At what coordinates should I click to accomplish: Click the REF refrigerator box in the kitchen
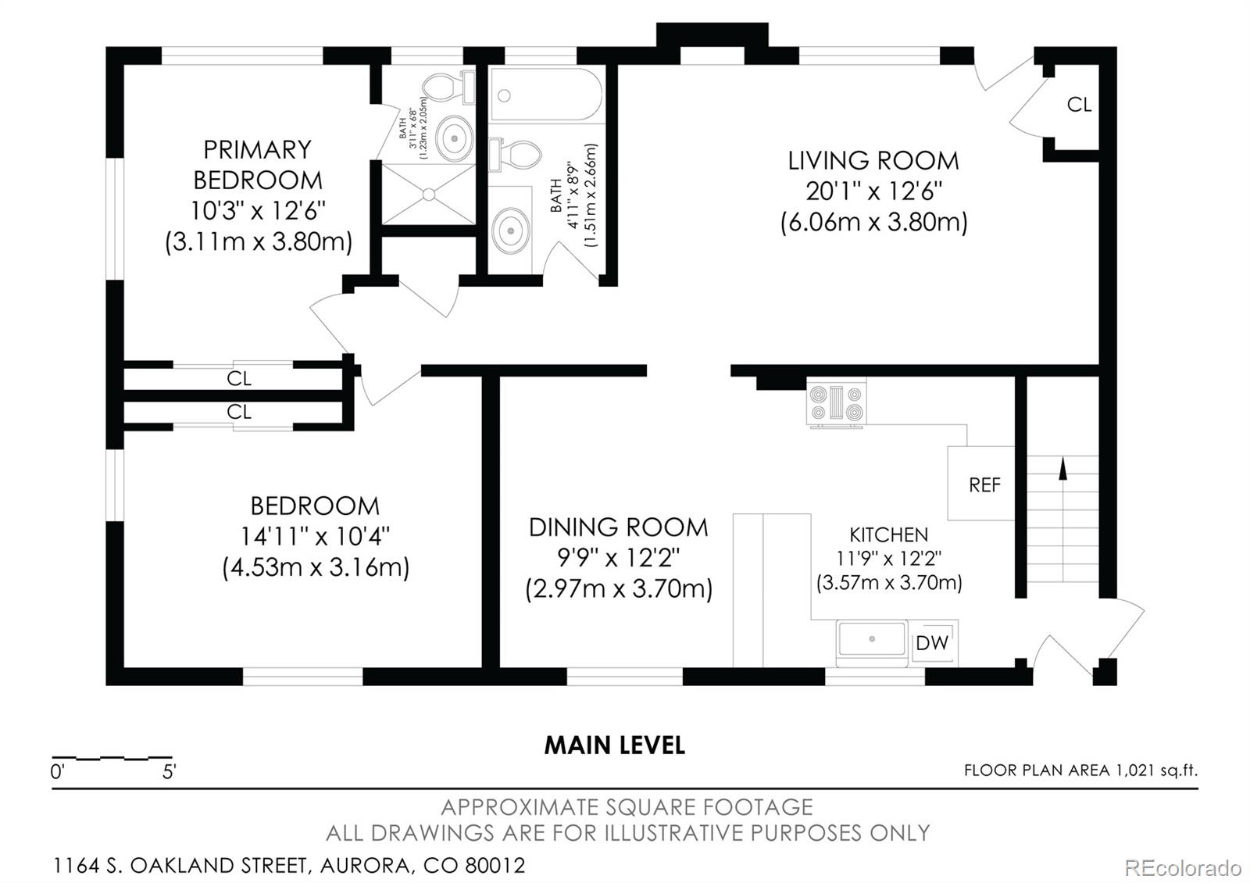(981, 484)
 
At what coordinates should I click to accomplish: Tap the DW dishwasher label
(932, 643)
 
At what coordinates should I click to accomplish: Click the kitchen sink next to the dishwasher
(871, 640)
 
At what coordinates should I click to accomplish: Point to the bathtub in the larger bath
(546, 95)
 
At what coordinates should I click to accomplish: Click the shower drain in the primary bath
(429, 195)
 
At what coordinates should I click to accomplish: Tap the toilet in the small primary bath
(448, 88)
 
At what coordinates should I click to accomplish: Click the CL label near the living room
(1079, 105)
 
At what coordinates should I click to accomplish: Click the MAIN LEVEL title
(614, 745)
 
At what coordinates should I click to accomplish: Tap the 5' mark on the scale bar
(169, 772)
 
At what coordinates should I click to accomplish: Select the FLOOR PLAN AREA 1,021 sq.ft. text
(1080, 770)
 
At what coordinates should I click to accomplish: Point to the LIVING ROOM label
(873, 161)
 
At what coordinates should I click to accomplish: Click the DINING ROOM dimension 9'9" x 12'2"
(618, 557)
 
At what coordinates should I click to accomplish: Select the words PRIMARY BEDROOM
(257, 165)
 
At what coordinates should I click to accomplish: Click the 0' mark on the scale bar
(58, 772)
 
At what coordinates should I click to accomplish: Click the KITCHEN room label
(888, 534)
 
